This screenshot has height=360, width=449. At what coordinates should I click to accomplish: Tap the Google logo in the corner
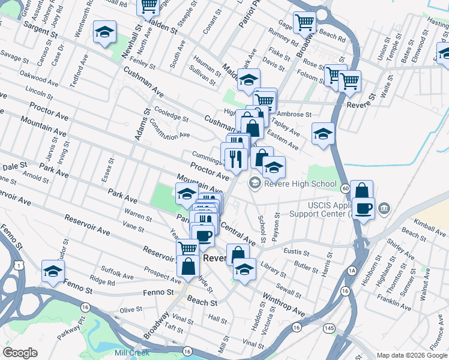point(20,353)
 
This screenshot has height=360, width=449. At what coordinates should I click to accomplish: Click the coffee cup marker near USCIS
point(363,209)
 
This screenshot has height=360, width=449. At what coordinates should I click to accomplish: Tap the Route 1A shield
point(352,272)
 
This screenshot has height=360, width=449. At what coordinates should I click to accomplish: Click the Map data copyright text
point(411,355)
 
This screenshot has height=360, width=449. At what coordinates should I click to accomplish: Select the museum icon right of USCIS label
point(385,208)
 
